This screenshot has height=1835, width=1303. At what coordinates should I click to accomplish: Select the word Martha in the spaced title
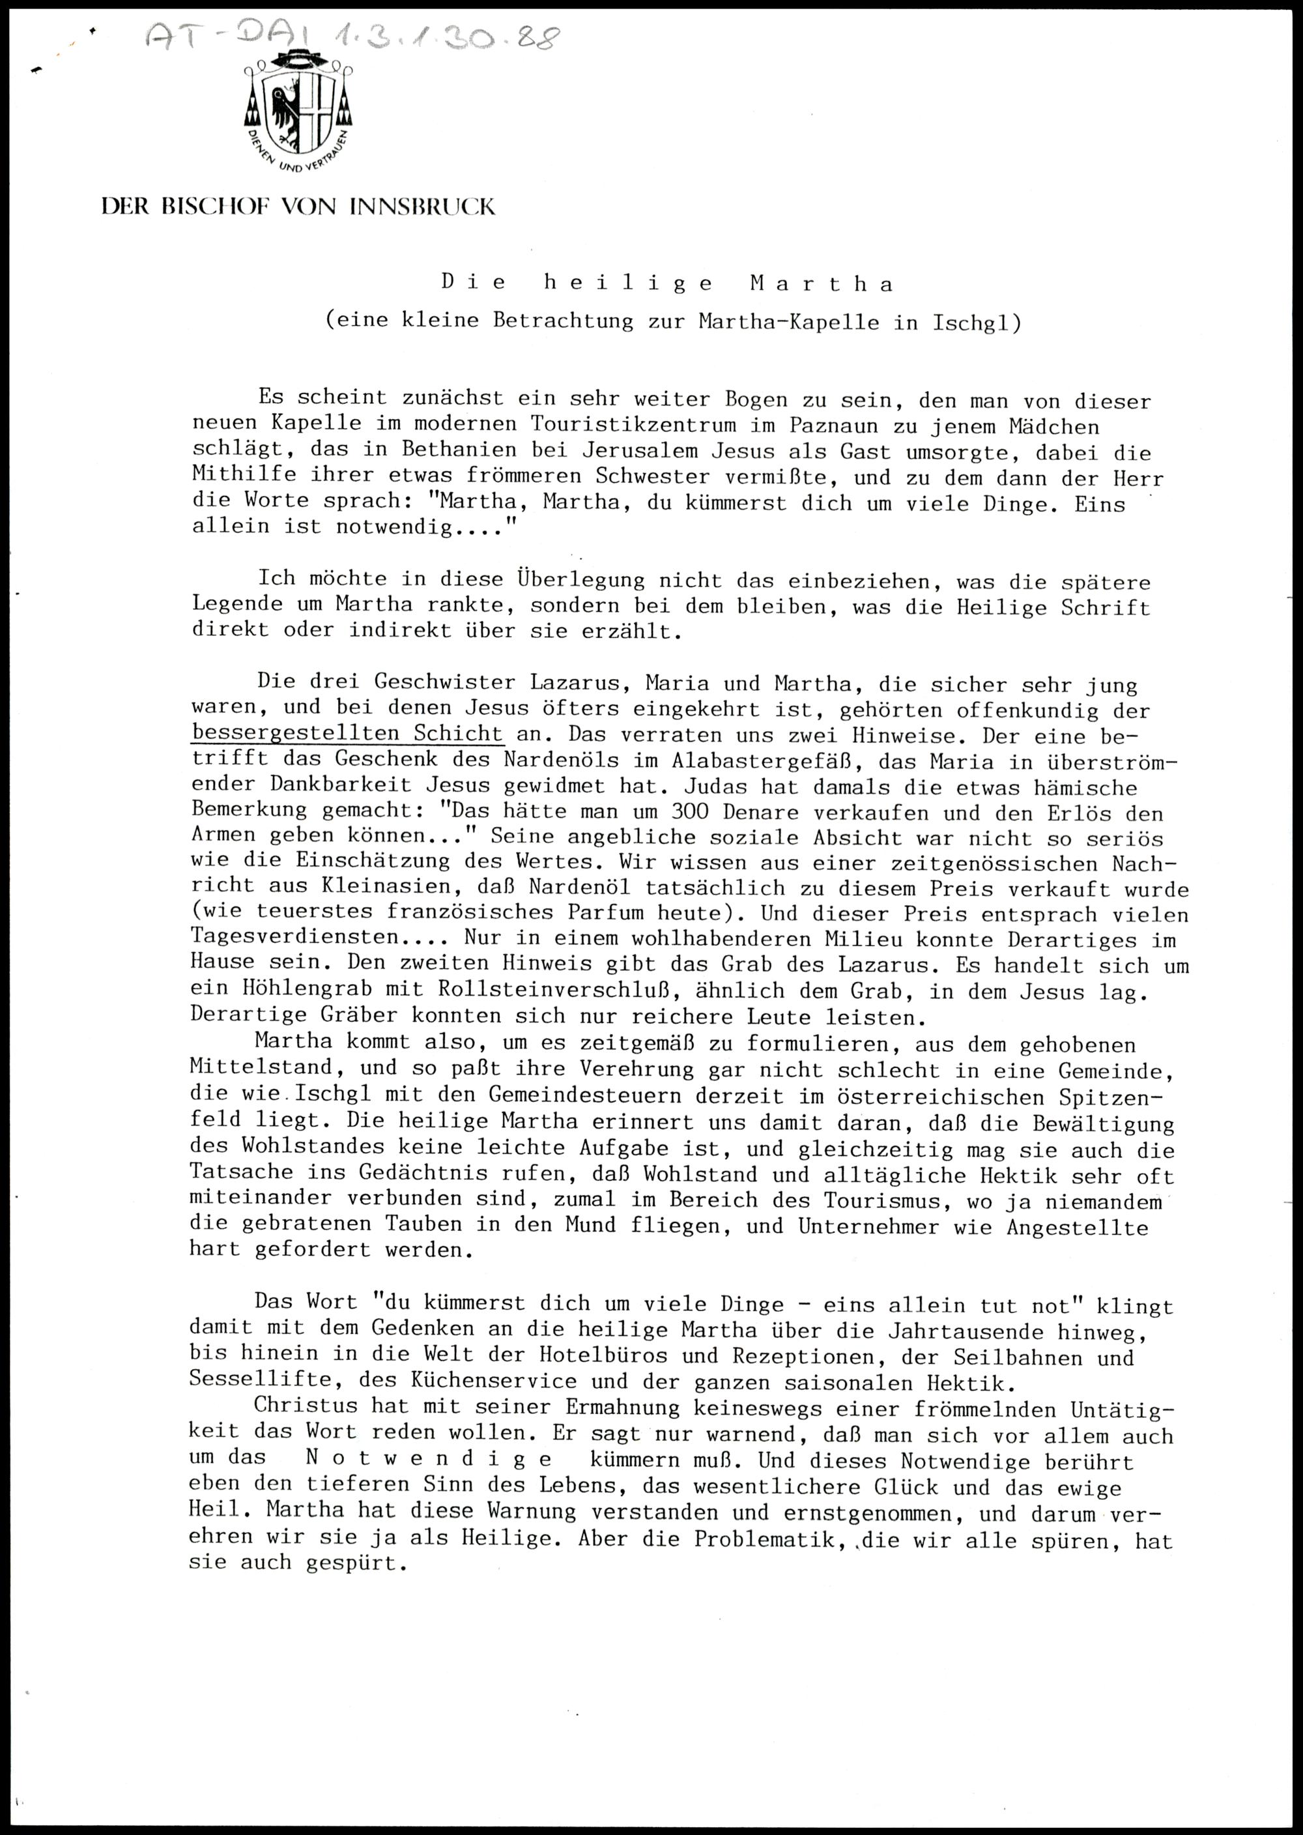(822, 283)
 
